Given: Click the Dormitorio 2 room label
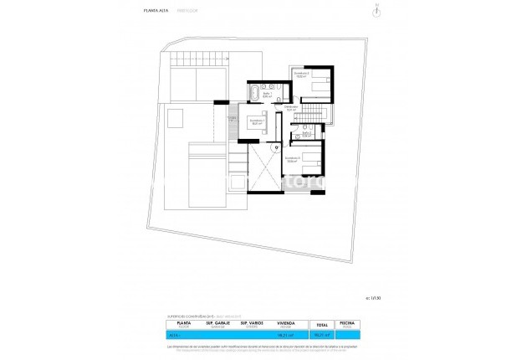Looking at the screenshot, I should pos(302,75).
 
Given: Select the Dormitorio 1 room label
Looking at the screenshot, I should pos(258,121).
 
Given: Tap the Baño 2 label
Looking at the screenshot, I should pos(306,134).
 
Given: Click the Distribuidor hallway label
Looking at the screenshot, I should pos(291,108).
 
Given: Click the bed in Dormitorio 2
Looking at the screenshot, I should pos(319,81).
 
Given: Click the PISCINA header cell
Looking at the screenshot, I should pos(347,322).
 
